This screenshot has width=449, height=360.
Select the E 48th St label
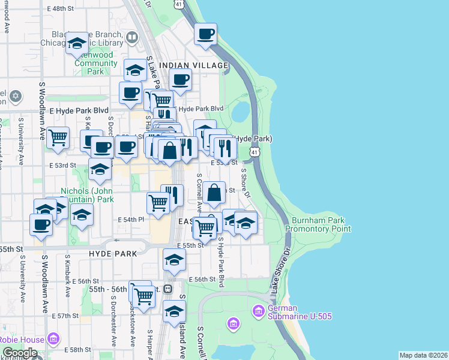66,9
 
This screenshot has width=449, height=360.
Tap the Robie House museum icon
53,340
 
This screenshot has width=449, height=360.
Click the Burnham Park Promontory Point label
318,224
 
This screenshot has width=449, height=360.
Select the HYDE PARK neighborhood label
112,254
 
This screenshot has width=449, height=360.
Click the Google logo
20,353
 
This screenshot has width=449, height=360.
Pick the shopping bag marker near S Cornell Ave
214,193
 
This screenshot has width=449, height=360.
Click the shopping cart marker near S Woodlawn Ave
58,137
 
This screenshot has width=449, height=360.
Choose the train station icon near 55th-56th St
168,289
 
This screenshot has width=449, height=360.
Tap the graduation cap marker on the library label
77,43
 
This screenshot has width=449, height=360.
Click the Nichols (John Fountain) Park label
87,195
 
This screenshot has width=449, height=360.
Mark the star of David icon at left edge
15,95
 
